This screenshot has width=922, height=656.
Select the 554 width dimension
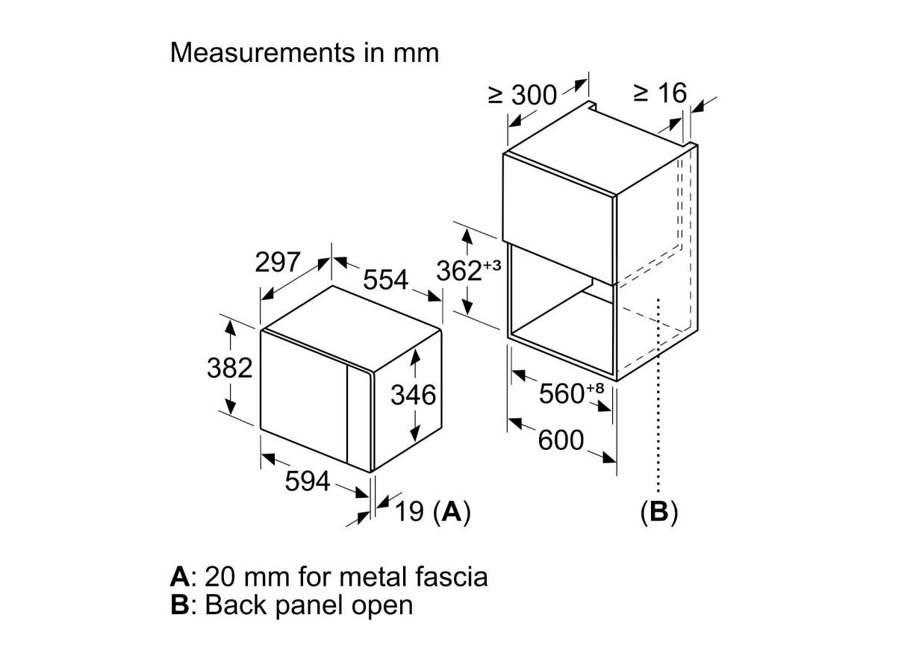[385, 280]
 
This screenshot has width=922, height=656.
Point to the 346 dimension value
[413, 395]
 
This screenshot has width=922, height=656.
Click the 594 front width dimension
[308, 482]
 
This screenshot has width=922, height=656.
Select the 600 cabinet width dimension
[561, 440]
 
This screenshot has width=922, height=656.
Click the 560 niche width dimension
[561, 394]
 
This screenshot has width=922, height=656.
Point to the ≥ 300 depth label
[523, 95]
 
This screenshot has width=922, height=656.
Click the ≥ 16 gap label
[659, 93]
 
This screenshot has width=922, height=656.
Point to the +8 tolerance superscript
[595, 387]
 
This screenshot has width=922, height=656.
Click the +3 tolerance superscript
[492, 265]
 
